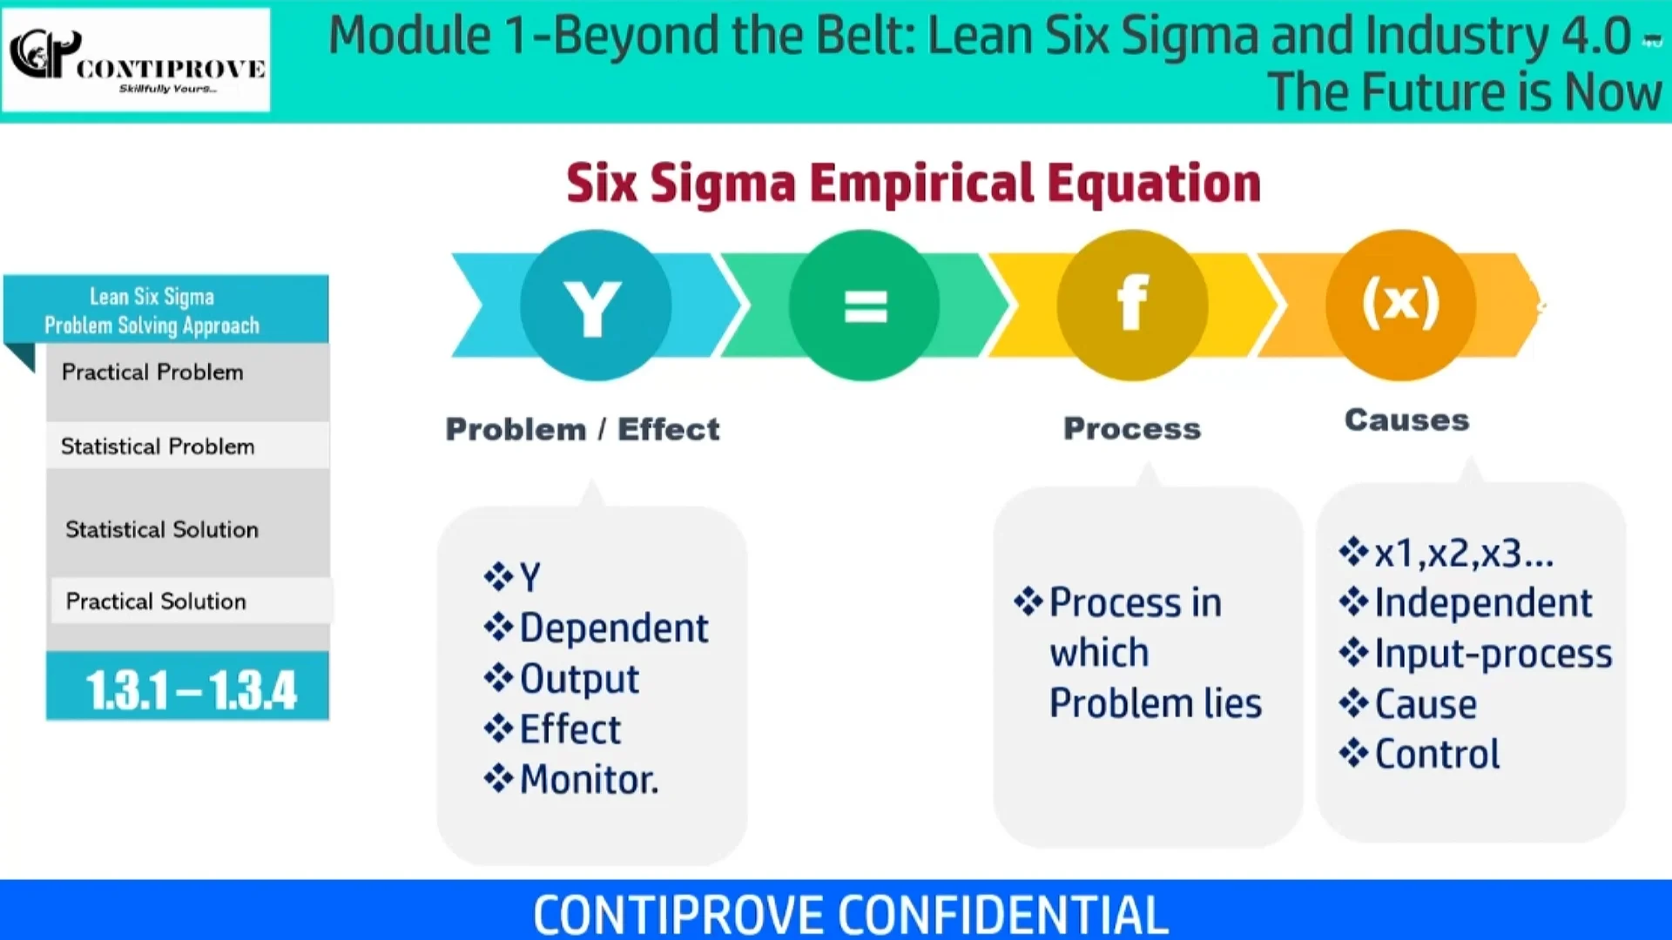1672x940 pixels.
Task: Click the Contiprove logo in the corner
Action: click(137, 59)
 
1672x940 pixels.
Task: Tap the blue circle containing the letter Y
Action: click(596, 305)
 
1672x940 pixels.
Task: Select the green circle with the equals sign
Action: click(865, 305)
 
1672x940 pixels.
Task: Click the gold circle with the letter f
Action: click(1132, 305)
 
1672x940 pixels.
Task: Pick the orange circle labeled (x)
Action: click(1400, 304)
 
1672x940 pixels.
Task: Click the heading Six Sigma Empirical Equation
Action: click(914, 183)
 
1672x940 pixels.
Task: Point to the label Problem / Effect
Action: click(583, 429)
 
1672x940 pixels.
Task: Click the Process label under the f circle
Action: click(1132, 428)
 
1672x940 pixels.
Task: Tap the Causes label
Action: click(1406, 420)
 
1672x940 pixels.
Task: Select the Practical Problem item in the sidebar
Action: click(152, 373)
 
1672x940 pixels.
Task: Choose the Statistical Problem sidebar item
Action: click(158, 446)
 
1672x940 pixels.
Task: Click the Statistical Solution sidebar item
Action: click(162, 529)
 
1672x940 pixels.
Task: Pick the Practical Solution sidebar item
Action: click(157, 601)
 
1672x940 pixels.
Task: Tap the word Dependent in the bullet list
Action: click(613, 628)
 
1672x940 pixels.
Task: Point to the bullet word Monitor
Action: click(589, 780)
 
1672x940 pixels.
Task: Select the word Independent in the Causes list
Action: click(1483, 603)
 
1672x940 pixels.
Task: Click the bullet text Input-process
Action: click(1493, 654)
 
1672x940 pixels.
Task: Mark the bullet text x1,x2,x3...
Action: click(1463, 554)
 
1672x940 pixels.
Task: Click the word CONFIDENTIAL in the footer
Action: click(1002, 914)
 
